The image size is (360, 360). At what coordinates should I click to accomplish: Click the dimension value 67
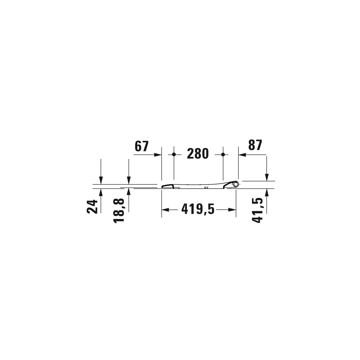click(141, 146)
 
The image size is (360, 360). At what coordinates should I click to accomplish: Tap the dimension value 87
click(255, 145)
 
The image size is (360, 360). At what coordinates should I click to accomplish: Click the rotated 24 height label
click(92, 206)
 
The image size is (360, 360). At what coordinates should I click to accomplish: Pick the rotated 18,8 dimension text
click(118, 211)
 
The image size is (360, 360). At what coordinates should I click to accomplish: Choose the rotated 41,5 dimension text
click(257, 210)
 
